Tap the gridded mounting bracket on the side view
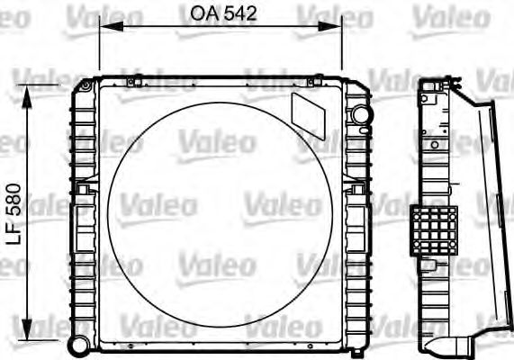pyautogui.click(x=434, y=229)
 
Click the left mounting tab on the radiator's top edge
pyautogui.click(x=131, y=83)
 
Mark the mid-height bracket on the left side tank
pyautogui.click(x=84, y=191)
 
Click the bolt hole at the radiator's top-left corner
pyautogui.click(x=84, y=86)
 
